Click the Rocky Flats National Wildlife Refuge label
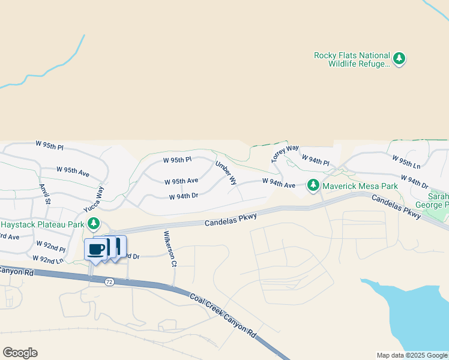[352, 59]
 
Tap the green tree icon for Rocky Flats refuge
[399, 59]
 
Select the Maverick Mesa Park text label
[360, 186]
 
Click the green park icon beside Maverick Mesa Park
[313, 185]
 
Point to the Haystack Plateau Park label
[42, 224]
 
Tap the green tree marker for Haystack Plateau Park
[93, 224]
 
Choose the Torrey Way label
[285, 153]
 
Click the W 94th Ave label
[279, 184]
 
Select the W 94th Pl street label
[316, 160]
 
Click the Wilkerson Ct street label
[167, 248]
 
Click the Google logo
[20, 353]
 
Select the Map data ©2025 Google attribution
[411, 355]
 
